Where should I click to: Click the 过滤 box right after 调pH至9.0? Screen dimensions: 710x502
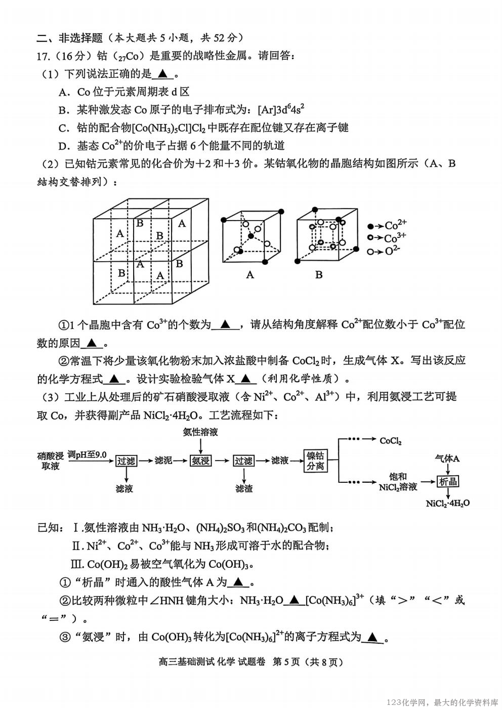pyautogui.click(x=126, y=461)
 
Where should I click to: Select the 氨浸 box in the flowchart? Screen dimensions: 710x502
pyautogui.click(x=200, y=461)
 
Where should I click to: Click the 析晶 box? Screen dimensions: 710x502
pyautogui.click(x=448, y=481)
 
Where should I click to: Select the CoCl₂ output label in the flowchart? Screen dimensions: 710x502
pyautogui.click(x=391, y=441)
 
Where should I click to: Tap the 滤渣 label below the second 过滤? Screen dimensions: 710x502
pyautogui.click(x=243, y=488)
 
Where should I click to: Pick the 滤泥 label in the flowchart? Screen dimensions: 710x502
pyautogui.click(x=163, y=461)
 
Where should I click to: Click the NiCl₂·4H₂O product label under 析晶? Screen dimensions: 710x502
pyautogui.click(x=448, y=503)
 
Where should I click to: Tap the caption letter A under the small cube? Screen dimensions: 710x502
pyautogui.click(x=250, y=275)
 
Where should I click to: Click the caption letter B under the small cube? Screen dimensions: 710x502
pyautogui.click(x=319, y=275)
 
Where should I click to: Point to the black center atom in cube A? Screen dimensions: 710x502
pyautogui.click(x=250, y=236)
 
